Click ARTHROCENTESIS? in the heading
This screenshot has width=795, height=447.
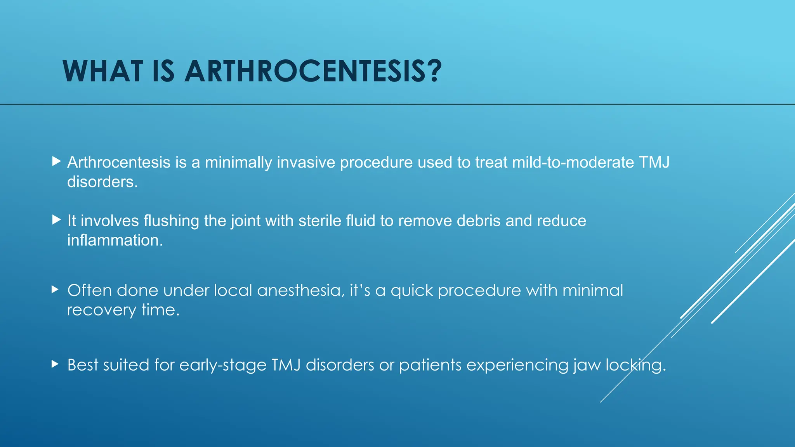313,71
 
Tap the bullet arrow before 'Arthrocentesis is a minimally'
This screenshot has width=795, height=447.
57,161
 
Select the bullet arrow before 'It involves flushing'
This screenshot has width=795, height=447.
57,220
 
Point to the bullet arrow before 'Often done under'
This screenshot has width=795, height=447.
55,289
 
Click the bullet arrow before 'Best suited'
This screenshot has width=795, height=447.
55,364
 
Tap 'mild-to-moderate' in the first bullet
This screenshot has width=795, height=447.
573,162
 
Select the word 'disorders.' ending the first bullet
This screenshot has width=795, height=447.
102,182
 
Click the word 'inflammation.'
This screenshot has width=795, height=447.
115,240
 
